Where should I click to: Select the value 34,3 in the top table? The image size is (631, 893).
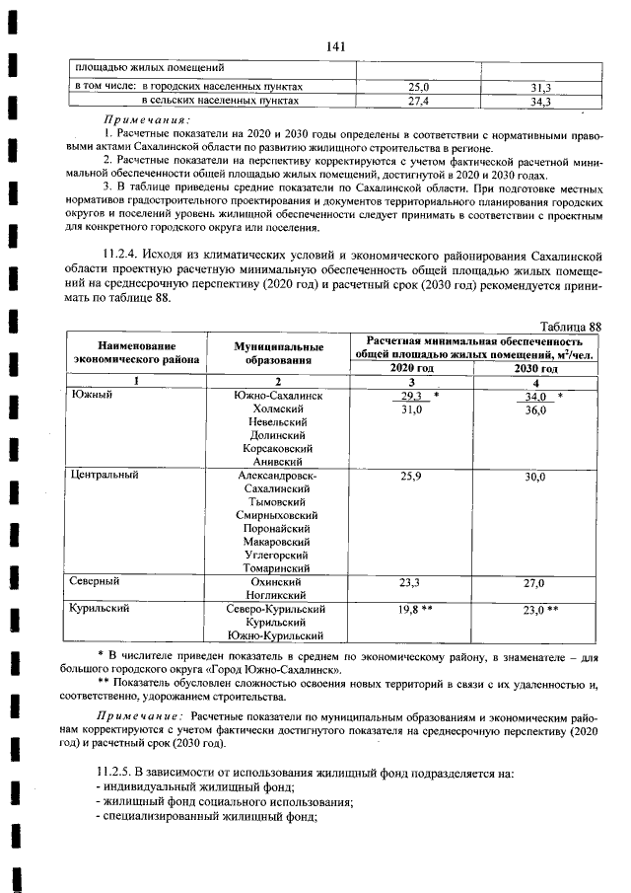538,101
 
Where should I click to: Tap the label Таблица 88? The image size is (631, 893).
571,327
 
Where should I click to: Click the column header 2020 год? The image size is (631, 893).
411,368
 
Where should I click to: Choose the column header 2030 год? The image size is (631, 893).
535,368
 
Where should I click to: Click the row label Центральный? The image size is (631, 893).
105,475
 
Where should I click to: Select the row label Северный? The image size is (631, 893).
97,582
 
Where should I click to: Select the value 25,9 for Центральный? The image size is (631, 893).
411,476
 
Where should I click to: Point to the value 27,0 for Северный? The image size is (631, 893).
534,583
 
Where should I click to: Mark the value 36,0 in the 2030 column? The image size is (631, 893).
535,409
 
